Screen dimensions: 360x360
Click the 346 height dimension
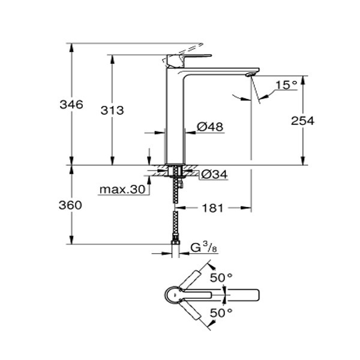tap(71, 104)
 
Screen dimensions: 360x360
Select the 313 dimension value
tap(112, 110)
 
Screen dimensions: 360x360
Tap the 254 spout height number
tap(302, 121)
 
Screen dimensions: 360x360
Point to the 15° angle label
tap(286, 85)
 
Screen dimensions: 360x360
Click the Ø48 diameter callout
tap(210, 127)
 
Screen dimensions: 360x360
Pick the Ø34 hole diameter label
tap(214, 175)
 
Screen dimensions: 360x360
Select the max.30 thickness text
tap(122, 190)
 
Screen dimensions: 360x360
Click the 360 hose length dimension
tap(70, 205)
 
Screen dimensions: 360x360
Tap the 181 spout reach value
tap(212, 208)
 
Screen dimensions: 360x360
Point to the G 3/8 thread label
tap(204, 248)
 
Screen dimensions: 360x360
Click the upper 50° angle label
tap(221, 278)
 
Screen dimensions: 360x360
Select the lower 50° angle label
tap(221, 313)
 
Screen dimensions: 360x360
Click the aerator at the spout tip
tap(249, 74)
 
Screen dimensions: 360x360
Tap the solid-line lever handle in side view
tap(189, 61)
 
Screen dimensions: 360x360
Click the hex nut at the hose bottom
tap(176, 242)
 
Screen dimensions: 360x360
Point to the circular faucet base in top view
tap(175, 295)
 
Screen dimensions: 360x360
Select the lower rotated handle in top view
tap(191, 311)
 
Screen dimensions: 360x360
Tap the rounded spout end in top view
tap(257, 295)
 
